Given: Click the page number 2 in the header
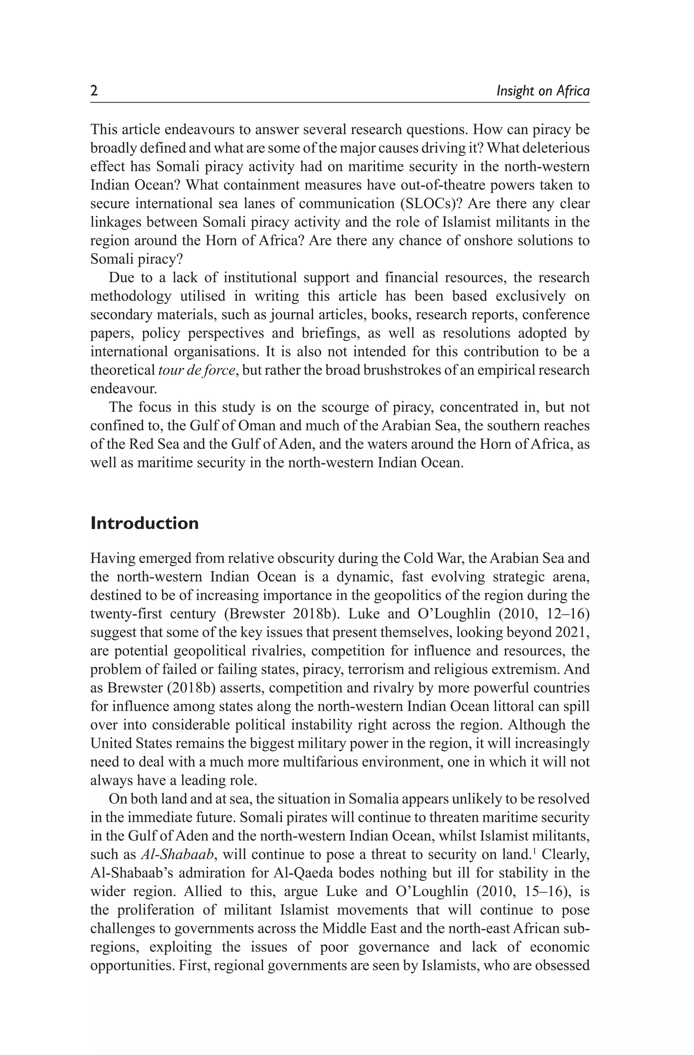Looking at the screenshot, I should pos(94,91).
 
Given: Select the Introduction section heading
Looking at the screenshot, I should pos(144,523).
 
